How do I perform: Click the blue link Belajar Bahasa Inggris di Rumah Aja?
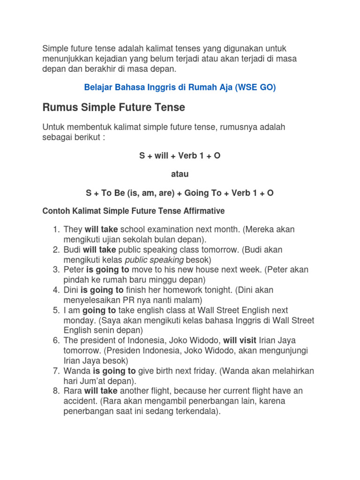180,88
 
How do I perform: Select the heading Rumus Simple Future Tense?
114,108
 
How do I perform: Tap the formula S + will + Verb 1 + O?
180,156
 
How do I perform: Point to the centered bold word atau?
180,174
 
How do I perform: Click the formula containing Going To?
180,193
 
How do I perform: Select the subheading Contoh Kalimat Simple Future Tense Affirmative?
134,211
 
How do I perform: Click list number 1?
56,230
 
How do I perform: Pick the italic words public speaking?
154,260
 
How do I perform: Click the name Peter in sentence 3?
74,270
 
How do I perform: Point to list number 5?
56,310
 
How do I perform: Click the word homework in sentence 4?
203,290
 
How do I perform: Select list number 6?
56,340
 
